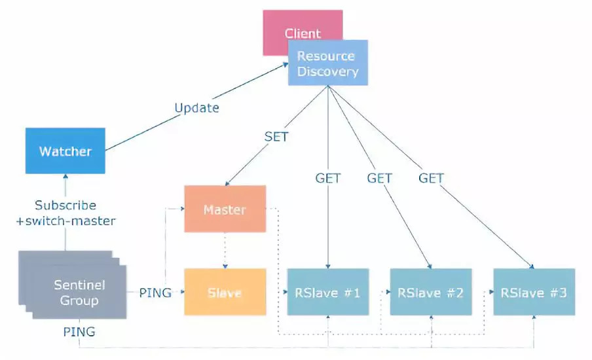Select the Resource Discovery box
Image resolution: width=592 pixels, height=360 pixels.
point(327,63)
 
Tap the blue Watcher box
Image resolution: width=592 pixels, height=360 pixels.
point(65,151)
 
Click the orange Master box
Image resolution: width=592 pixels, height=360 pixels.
point(225,209)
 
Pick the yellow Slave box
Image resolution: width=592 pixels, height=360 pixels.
point(225,292)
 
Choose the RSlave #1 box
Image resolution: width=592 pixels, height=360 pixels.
point(327,292)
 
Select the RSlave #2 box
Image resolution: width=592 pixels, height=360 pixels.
point(430,292)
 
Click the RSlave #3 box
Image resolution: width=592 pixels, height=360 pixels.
point(534,292)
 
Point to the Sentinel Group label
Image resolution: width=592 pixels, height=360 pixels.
point(79,293)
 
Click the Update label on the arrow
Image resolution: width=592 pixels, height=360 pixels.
point(196,107)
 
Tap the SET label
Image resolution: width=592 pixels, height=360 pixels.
point(276,137)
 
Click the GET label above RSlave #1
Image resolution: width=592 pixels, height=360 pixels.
point(327,177)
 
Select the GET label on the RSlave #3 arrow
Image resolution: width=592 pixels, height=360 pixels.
point(431,177)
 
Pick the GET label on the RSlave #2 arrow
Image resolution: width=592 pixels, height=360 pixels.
point(379,177)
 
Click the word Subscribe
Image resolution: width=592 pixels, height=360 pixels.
point(65,205)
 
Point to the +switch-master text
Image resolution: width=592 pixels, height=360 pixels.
point(65,221)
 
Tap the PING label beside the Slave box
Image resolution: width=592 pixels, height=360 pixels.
point(155,293)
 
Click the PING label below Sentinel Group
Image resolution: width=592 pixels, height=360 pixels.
point(79,332)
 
